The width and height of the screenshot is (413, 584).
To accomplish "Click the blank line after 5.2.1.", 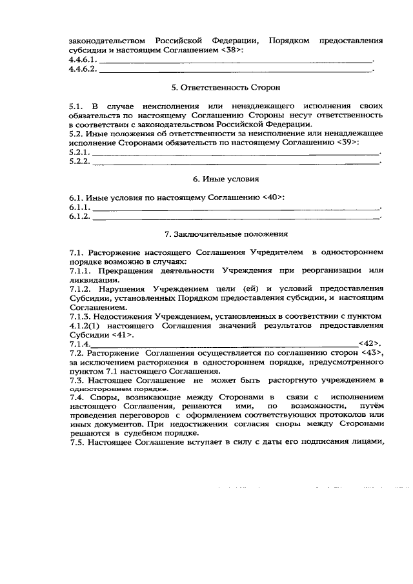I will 236,152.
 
